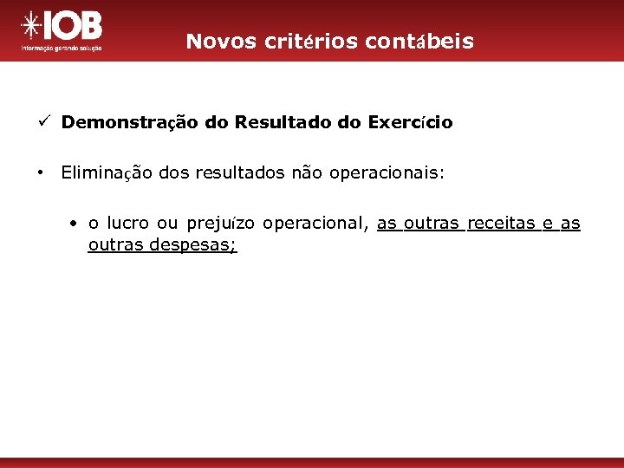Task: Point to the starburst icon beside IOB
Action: [x=31, y=28]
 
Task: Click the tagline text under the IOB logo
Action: [x=61, y=49]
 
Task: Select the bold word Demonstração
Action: [x=130, y=123]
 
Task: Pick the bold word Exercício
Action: [x=410, y=123]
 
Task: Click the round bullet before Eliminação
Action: [x=41, y=172]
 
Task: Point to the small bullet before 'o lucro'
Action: [x=76, y=224]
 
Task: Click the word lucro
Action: [x=127, y=224]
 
